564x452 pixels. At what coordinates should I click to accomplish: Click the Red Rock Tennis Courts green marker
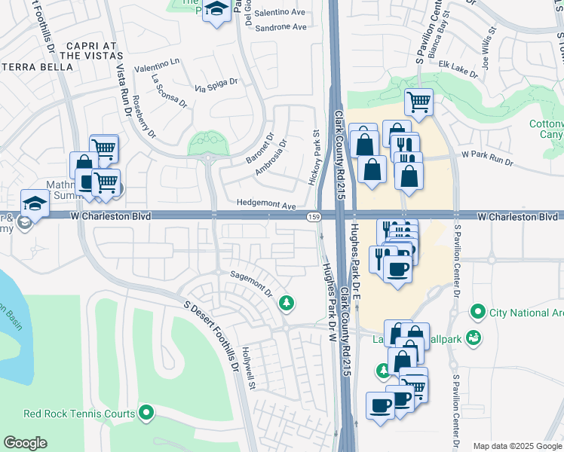point(146,413)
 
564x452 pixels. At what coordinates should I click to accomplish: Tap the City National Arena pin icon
point(477,311)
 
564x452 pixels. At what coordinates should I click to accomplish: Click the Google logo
point(26,442)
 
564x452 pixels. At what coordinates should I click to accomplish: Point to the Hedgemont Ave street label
point(265,204)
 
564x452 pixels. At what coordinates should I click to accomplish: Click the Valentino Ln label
point(158,68)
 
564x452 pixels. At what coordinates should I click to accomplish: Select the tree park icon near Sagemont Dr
point(286,303)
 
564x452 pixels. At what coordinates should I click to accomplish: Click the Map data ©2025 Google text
point(516,446)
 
